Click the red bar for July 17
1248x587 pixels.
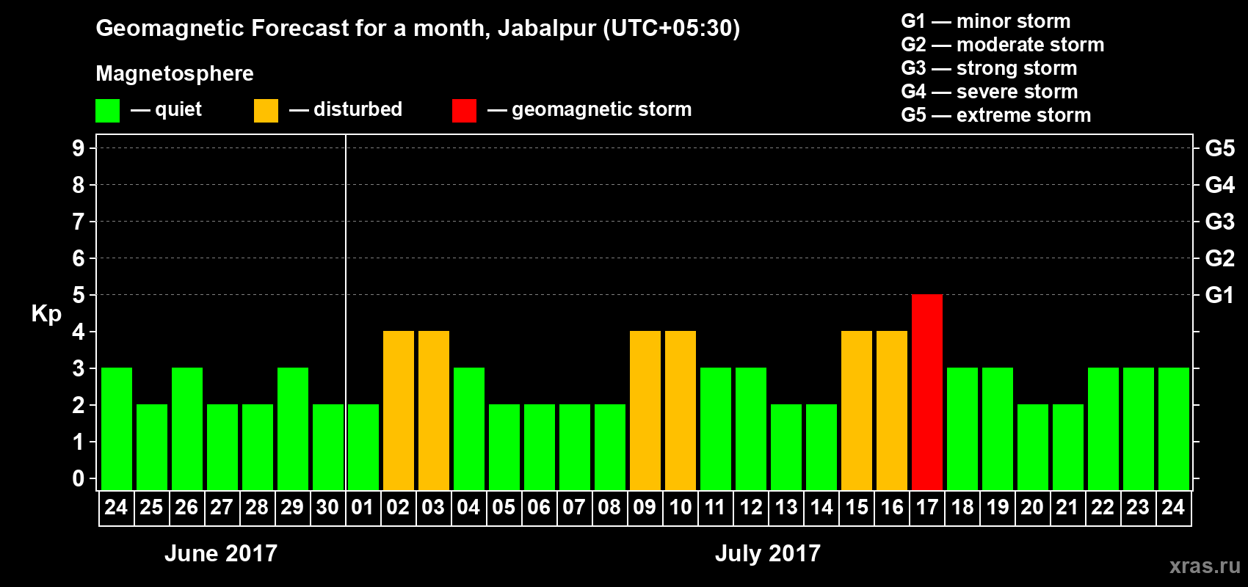coord(927,392)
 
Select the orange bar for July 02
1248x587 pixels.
coord(399,410)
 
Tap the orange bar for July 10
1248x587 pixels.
coord(681,410)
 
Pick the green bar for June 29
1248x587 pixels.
coord(293,429)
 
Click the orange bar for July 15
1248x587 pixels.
coord(857,410)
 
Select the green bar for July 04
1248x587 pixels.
coord(469,429)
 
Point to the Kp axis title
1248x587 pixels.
coord(46,313)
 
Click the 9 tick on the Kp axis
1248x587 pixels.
coord(78,148)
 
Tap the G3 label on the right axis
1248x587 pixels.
coord(1219,222)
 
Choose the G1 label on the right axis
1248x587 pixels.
coord(1219,295)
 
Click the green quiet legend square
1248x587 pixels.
coord(108,111)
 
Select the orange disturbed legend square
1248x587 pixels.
coord(266,111)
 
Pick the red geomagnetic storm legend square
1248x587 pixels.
coord(464,111)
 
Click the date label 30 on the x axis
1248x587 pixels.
coord(327,507)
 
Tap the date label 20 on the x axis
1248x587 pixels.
coord(1032,507)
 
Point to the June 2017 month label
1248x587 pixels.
coord(221,553)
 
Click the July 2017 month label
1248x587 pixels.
coord(767,553)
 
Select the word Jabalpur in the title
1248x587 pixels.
coord(546,29)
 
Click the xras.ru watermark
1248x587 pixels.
coord(1204,566)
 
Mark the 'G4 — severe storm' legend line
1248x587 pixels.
coord(989,92)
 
